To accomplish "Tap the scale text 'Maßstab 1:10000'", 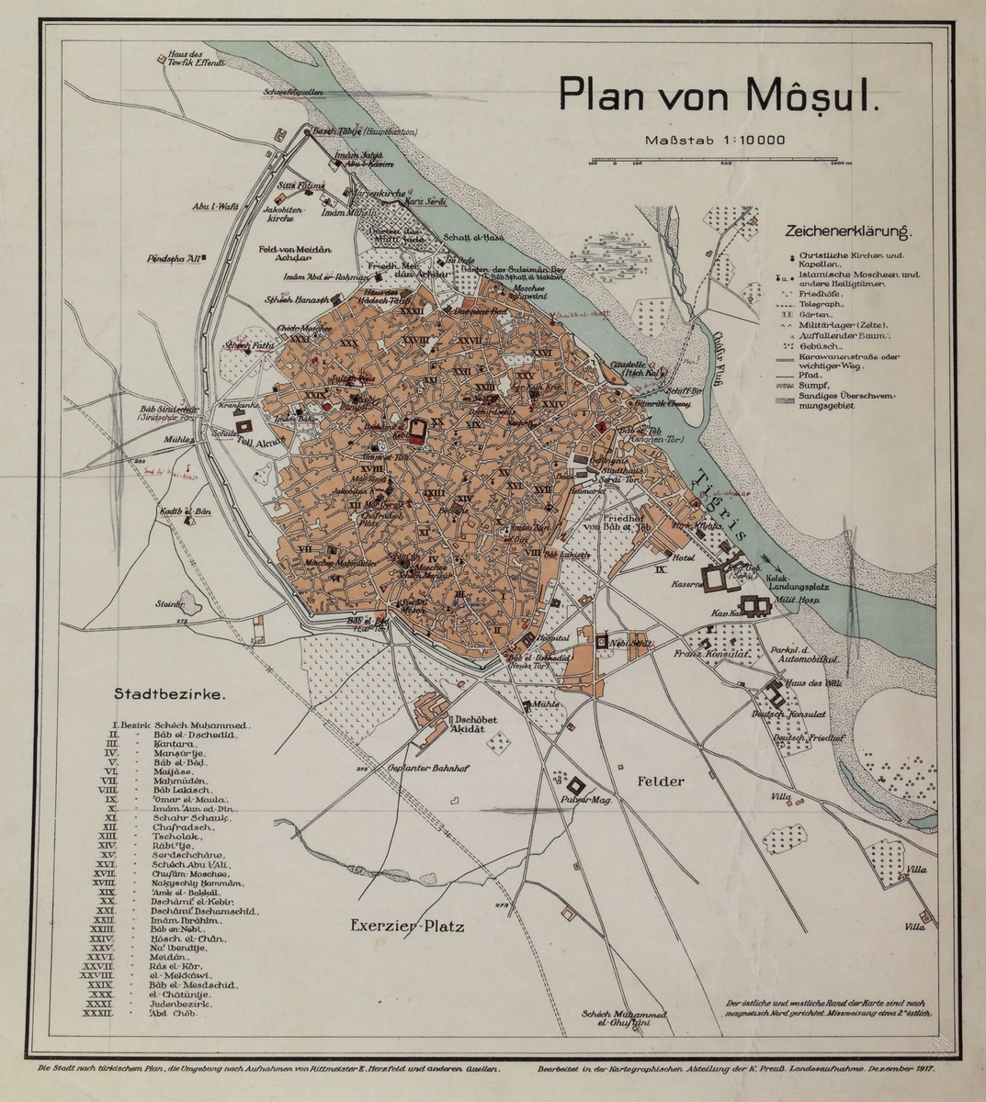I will click(x=714, y=141).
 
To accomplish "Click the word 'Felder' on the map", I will click(x=658, y=782).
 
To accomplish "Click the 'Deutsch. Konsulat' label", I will click(x=789, y=714).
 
